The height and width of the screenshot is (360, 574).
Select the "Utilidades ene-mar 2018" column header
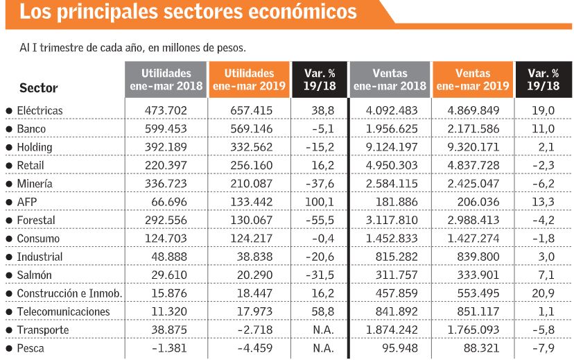(x=166, y=80)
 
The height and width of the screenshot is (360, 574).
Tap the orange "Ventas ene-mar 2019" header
(x=473, y=80)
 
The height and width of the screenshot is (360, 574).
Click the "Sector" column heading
(x=39, y=88)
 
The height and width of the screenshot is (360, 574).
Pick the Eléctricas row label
(x=40, y=110)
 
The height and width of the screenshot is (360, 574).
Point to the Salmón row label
(x=35, y=275)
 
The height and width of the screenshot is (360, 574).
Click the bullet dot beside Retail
(x=8, y=166)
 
